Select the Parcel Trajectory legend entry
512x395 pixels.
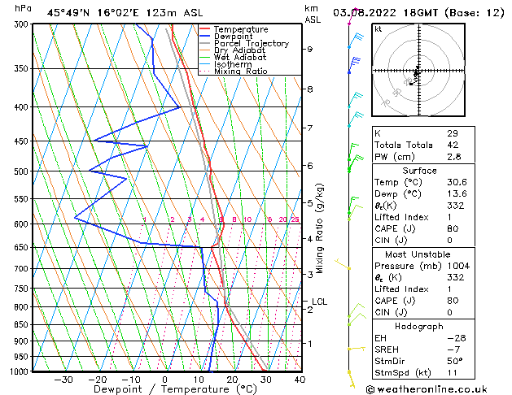[x=251, y=44]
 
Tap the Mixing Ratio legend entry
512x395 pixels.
[x=242, y=72]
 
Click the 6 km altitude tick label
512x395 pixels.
[x=310, y=166]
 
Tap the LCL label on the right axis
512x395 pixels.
[x=319, y=302]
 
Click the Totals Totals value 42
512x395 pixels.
[x=452, y=145]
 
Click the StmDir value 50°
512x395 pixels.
[x=454, y=362]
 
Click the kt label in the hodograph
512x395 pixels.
[x=378, y=28]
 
